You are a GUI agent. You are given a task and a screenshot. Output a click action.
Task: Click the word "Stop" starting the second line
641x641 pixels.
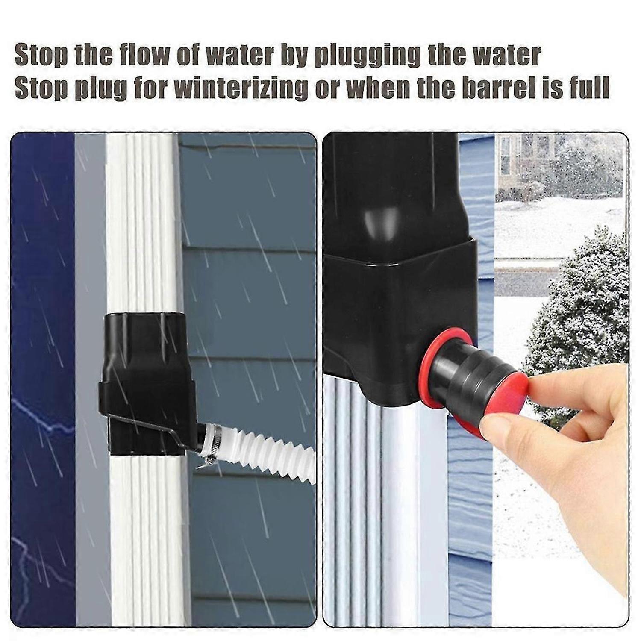41,88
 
